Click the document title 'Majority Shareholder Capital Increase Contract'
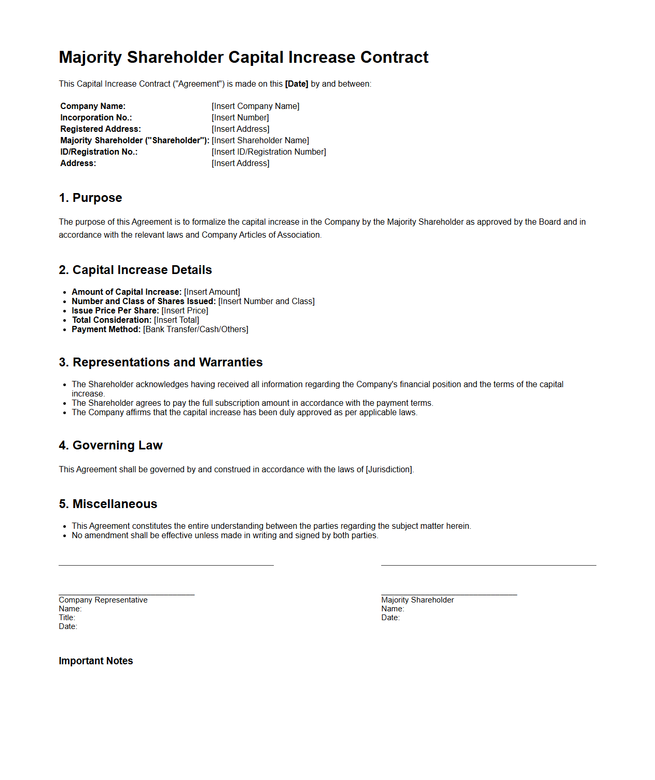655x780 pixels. click(244, 57)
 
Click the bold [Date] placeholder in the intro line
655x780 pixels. click(297, 84)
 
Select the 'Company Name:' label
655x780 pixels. click(93, 106)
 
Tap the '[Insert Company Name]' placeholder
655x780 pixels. click(255, 106)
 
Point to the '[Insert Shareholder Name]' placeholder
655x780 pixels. click(260, 141)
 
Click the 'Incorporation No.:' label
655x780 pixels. click(96, 118)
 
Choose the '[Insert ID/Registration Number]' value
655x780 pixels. click(269, 152)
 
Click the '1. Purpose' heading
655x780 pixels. click(90, 198)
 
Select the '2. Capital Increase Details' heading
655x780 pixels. click(135, 270)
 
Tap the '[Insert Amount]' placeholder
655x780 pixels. click(212, 292)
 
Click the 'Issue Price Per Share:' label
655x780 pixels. click(115, 311)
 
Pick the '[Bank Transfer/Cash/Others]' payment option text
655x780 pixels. click(196, 330)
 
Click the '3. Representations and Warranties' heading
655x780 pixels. click(161, 362)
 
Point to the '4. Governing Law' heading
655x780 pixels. click(110, 445)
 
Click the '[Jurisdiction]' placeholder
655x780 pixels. click(389, 470)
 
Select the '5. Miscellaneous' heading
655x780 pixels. click(108, 504)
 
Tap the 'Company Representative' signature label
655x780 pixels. click(103, 600)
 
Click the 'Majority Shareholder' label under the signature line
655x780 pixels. click(417, 600)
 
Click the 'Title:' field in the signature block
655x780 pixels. click(67, 618)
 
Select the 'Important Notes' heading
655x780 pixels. click(96, 661)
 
